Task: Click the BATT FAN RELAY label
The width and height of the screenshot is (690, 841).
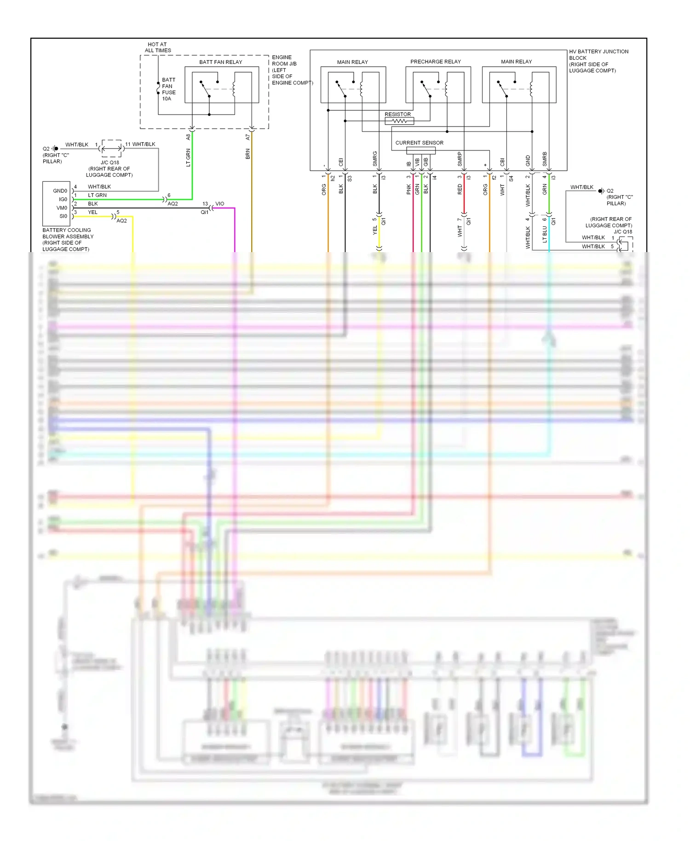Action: (x=220, y=62)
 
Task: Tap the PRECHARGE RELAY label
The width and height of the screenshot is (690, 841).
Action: (x=435, y=62)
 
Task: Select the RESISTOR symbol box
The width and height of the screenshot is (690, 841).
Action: (x=399, y=121)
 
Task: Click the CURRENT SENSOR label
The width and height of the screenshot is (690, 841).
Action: (x=419, y=143)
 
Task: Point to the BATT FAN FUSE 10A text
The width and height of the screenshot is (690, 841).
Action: (x=168, y=89)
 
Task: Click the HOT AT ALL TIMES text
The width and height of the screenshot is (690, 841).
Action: (x=157, y=47)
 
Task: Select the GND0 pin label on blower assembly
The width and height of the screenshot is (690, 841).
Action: (x=60, y=191)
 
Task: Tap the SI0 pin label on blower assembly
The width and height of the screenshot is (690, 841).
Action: (x=63, y=216)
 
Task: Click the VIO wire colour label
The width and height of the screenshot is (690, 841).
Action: (x=220, y=204)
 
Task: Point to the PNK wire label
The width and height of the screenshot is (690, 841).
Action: (x=408, y=190)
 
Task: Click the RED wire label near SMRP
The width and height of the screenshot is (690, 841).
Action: (x=460, y=190)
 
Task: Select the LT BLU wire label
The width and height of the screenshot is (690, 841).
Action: (x=545, y=234)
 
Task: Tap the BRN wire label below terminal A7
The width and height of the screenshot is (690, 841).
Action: (x=247, y=154)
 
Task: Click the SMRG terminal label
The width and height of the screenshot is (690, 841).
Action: (x=375, y=159)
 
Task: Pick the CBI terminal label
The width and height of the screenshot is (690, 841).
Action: (x=502, y=162)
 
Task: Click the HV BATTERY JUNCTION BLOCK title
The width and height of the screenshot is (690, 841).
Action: (x=598, y=55)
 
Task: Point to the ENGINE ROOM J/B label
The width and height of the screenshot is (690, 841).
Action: (x=284, y=61)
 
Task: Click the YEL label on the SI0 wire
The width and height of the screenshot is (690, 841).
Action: (x=92, y=213)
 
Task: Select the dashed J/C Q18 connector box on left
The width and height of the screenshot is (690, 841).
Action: (x=111, y=148)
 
